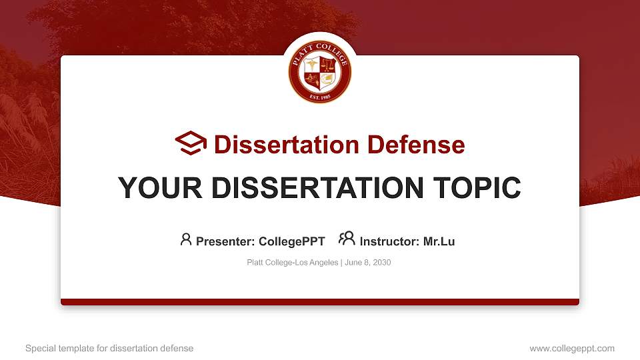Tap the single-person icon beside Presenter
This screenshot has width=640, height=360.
click(186, 239)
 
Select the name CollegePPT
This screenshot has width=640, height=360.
click(293, 241)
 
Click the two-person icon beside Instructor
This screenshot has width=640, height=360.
click(347, 239)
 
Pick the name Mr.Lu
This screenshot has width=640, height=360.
click(439, 241)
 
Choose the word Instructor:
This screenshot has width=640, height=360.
click(389, 241)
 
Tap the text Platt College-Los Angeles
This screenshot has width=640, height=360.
click(293, 263)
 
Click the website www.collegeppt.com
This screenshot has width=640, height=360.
click(571, 348)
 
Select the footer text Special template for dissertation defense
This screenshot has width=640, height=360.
click(109, 348)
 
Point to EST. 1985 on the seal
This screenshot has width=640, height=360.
click(320, 97)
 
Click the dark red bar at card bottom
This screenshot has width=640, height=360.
click(320, 302)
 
